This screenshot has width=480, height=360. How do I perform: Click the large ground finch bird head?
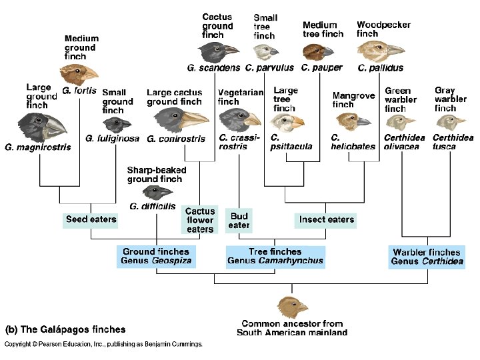click(x=41, y=126)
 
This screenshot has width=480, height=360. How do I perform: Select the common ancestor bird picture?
click(x=293, y=307)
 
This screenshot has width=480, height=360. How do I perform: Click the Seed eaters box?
click(x=91, y=219)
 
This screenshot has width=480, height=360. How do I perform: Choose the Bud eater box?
click(x=239, y=221)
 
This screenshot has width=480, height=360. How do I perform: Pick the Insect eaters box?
click(x=327, y=219)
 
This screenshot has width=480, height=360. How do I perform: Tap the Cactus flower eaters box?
click(x=200, y=220)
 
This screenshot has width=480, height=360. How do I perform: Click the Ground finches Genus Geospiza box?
click(x=156, y=257)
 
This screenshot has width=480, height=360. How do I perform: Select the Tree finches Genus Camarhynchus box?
click(x=275, y=257)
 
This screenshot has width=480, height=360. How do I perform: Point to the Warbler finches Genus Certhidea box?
click(x=427, y=257)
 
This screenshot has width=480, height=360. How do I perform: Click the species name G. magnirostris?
click(x=37, y=147)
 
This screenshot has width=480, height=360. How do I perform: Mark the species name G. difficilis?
click(x=153, y=207)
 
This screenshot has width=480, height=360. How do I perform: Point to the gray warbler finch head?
click(x=450, y=122)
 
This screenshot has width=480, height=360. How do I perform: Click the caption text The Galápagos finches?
click(x=65, y=329)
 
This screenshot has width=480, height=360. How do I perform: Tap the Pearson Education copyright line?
click(x=103, y=345)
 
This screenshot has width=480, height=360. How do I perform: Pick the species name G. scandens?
click(x=214, y=68)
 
